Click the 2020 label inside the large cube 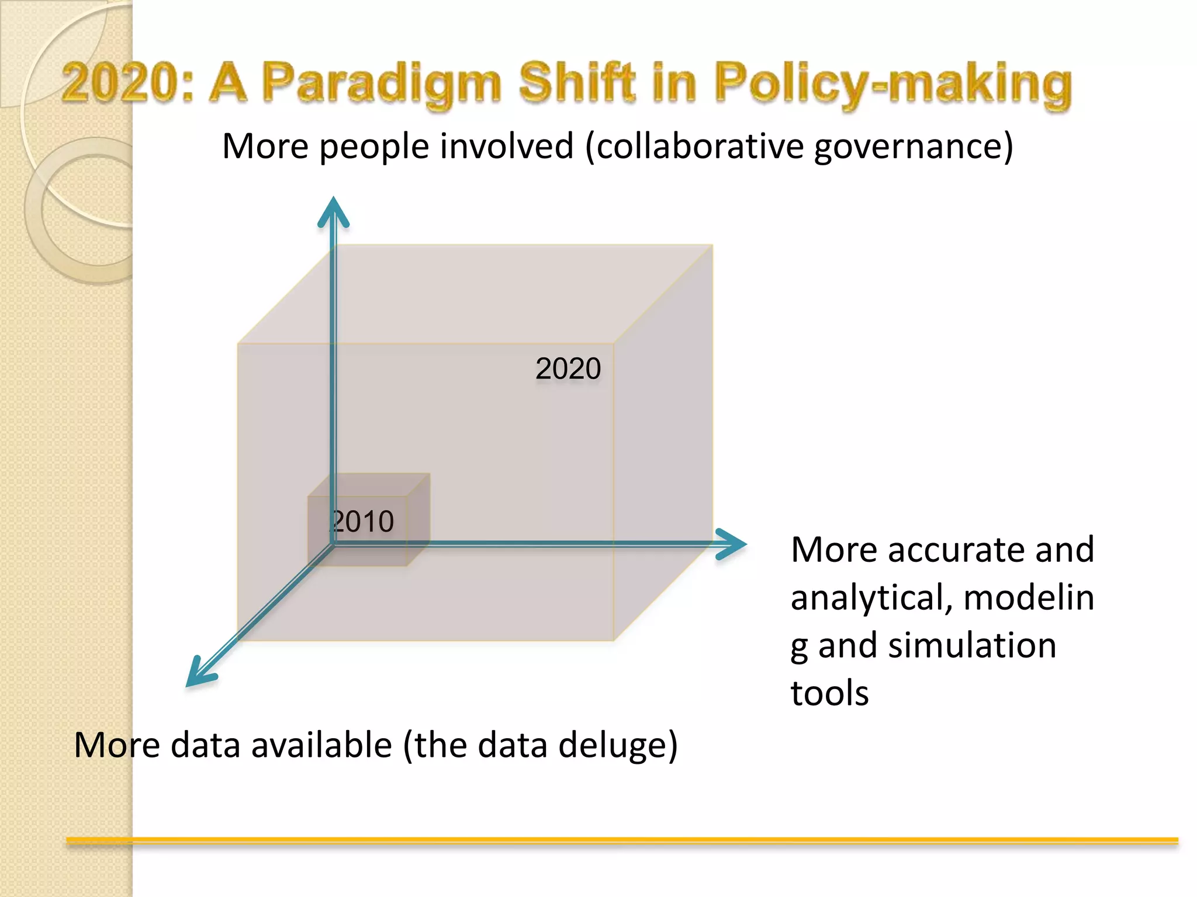[x=568, y=369]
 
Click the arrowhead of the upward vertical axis [x=333, y=212]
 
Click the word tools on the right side [x=829, y=694]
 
